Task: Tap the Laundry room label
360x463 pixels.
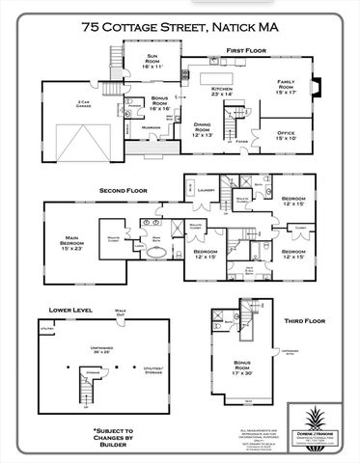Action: tap(205, 190)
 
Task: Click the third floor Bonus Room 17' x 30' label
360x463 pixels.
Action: tap(237, 368)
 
